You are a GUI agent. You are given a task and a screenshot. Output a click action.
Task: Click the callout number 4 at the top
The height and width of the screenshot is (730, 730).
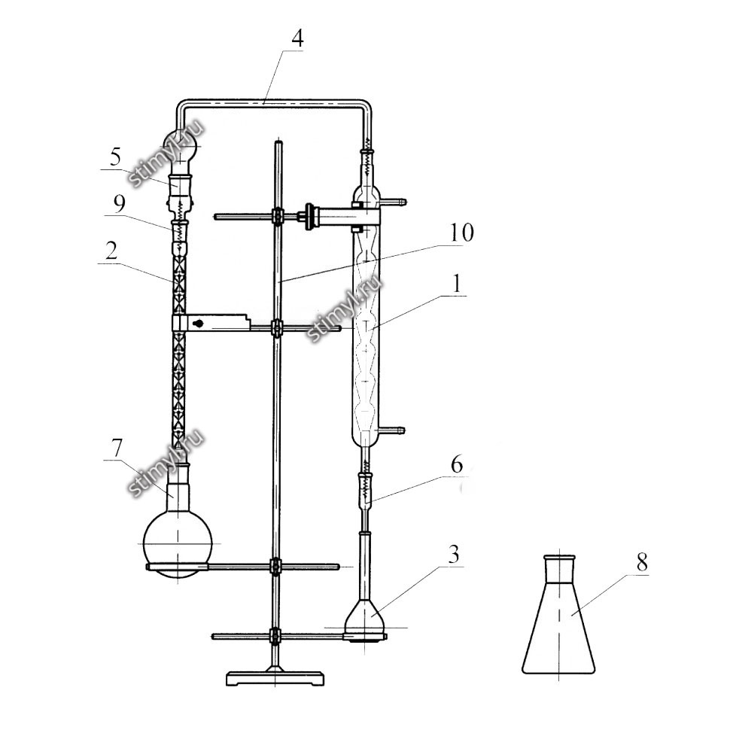[x=297, y=38]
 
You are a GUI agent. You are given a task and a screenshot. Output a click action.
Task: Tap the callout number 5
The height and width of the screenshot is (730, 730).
[x=115, y=157]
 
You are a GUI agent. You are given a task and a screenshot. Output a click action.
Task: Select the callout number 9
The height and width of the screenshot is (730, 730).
[x=119, y=203]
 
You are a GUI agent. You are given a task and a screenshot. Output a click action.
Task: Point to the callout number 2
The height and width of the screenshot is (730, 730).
[x=111, y=251]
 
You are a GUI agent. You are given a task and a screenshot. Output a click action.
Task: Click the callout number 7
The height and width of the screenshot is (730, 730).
[x=117, y=448]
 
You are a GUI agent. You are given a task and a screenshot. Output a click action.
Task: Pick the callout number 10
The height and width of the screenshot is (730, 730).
[x=462, y=233]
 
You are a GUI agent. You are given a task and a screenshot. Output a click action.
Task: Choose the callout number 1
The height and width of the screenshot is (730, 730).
[x=457, y=283]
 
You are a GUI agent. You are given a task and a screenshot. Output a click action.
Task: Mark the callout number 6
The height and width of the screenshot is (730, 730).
[x=456, y=464]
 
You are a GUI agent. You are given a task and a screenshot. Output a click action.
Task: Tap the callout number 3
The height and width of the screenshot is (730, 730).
[x=454, y=554]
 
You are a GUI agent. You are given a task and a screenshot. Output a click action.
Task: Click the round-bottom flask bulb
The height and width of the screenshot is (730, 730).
[x=178, y=543]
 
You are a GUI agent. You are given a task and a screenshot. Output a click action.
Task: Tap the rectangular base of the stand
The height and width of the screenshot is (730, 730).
[x=275, y=678]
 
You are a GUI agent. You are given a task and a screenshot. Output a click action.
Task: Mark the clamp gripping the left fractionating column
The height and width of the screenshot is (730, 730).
[x=211, y=323]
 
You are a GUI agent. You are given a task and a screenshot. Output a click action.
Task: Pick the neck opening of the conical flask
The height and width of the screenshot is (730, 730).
[x=560, y=557]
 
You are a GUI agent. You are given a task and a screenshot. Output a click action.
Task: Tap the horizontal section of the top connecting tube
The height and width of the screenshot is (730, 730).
[x=273, y=103]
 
